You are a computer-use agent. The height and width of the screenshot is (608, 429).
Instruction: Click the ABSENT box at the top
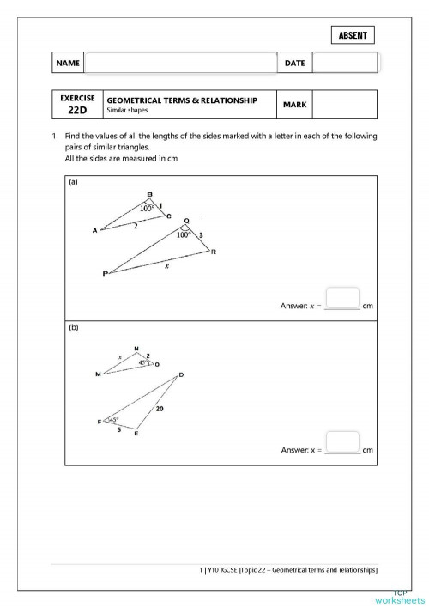[352, 35]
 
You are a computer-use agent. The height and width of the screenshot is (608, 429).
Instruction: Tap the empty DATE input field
[344, 63]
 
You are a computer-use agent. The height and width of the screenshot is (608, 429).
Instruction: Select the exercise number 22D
[76, 110]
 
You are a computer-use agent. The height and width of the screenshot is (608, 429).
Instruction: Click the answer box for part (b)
[342, 441]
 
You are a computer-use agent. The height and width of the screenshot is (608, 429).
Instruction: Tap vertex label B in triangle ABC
[149, 193]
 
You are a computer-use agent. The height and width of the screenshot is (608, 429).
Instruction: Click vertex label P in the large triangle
[106, 274]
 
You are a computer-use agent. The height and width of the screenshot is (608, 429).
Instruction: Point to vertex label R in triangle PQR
[213, 252]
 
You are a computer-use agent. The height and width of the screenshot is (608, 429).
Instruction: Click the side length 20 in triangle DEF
[160, 409]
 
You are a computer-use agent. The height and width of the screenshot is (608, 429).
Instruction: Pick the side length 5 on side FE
[118, 429]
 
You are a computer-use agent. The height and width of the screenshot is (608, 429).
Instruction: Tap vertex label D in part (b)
[181, 374]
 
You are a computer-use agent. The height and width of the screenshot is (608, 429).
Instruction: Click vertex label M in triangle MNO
[98, 374]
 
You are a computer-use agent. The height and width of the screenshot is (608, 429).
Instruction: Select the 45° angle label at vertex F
[113, 420]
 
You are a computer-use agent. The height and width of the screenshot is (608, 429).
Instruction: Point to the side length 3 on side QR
[201, 234]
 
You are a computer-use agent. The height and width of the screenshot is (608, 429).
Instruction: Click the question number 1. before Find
[54, 137]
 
